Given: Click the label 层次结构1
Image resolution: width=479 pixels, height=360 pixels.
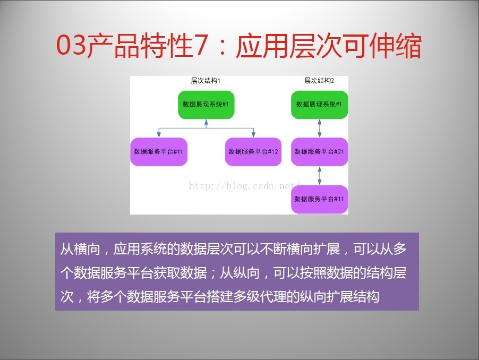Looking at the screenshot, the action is pyautogui.click(x=206, y=81).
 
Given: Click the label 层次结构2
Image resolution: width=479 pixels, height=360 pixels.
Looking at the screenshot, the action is pyautogui.click(x=319, y=81).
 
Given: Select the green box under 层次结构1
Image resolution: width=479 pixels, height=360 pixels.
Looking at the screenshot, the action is pyautogui.click(x=206, y=105).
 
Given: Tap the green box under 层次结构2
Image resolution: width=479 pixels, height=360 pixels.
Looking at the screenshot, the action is pyautogui.click(x=319, y=105).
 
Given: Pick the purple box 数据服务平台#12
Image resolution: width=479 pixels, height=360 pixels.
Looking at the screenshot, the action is pyautogui.click(x=253, y=152).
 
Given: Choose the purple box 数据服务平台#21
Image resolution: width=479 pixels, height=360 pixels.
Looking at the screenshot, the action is pyautogui.click(x=319, y=152).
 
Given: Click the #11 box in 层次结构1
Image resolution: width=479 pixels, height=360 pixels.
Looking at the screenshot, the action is pyautogui.click(x=159, y=152).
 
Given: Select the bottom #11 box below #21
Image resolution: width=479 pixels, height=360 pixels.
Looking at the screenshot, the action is pyautogui.click(x=319, y=200).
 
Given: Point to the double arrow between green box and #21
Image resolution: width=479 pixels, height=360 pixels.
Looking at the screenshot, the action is pyautogui.click(x=320, y=128).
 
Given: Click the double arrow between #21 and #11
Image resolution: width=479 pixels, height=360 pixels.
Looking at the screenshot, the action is pyautogui.click(x=320, y=176).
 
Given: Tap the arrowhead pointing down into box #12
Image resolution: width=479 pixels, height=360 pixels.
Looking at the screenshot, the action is pyautogui.click(x=253, y=134).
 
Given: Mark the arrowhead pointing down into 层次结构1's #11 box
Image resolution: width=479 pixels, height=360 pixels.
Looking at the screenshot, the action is pyautogui.click(x=159, y=134).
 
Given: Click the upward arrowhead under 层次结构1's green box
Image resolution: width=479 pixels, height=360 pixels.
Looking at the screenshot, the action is pyautogui.click(x=206, y=122).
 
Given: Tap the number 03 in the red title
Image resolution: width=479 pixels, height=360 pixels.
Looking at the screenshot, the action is pyautogui.click(x=71, y=45).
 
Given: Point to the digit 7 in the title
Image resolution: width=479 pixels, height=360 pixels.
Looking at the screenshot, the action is pyautogui.click(x=201, y=45).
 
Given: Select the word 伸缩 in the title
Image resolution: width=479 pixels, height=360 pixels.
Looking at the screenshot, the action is pyautogui.click(x=395, y=46).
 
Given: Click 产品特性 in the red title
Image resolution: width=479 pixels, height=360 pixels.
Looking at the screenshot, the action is pyautogui.click(x=139, y=46).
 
